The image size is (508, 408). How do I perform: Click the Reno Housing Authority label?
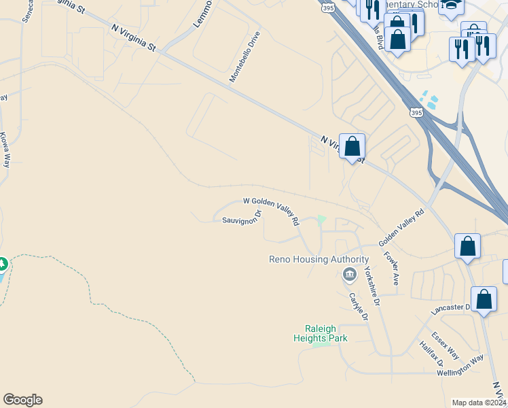[319, 259]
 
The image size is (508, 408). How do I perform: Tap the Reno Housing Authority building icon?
[349, 275]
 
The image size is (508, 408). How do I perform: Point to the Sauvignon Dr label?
[242, 218]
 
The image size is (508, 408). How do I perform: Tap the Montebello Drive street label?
[244, 56]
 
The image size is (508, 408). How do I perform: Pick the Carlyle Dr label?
[358, 307]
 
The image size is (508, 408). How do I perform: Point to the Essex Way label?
[446, 345]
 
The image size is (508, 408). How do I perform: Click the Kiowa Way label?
[5, 150]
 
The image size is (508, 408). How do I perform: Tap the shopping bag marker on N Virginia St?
[352, 146]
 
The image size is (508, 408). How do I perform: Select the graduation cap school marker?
[451, 5]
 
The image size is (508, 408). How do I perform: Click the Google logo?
[22, 400]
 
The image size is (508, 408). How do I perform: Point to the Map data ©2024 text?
[479, 403]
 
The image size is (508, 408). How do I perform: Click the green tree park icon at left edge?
[2, 263]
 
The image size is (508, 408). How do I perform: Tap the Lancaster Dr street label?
[451, 309]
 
